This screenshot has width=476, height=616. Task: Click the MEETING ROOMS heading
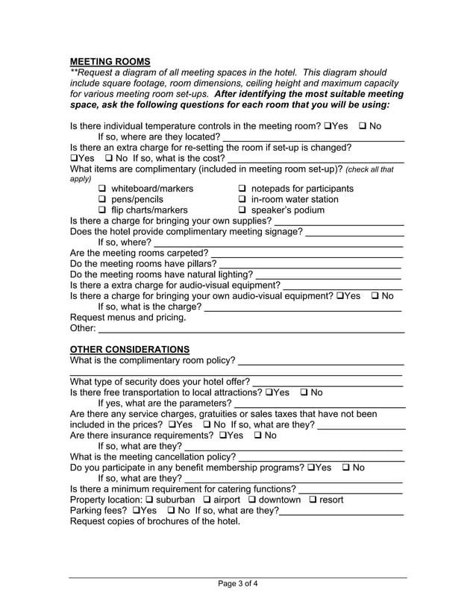point(110,61)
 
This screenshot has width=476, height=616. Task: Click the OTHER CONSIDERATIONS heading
point(129,349)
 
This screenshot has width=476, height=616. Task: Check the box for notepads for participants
point(242,189)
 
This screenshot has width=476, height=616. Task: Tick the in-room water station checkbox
point(242,200)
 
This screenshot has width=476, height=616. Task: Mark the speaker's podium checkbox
point(242,210)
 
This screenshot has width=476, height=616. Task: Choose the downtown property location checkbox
point(252,500)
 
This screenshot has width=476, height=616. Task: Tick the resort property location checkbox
point(313,500)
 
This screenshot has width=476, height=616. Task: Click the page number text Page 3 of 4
point(238,584)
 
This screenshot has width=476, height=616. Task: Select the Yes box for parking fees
point(137,511)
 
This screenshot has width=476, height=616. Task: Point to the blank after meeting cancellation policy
point(321,456)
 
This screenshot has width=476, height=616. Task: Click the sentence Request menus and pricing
point(128,317)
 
